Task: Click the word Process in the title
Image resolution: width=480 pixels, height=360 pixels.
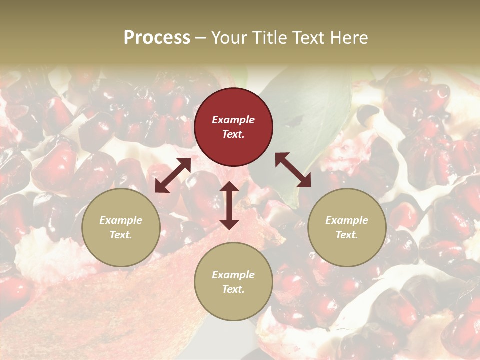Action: tap(157, 38)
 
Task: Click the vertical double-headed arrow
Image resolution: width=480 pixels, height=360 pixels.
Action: tap(229, 205)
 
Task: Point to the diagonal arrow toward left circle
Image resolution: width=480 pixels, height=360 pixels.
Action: tap(173, 175)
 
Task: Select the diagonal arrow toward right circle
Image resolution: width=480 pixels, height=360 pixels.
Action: tap(293, 170)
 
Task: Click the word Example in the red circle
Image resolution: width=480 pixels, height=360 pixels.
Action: tap(233, 120)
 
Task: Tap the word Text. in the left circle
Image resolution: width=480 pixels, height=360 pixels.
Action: tap(121, 235)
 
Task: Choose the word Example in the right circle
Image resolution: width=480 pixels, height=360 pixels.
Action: tap(347, 220)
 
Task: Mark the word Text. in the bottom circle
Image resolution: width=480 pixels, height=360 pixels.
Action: tap(233, 289)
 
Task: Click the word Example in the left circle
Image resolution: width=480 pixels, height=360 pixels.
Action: tap(121, 220)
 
